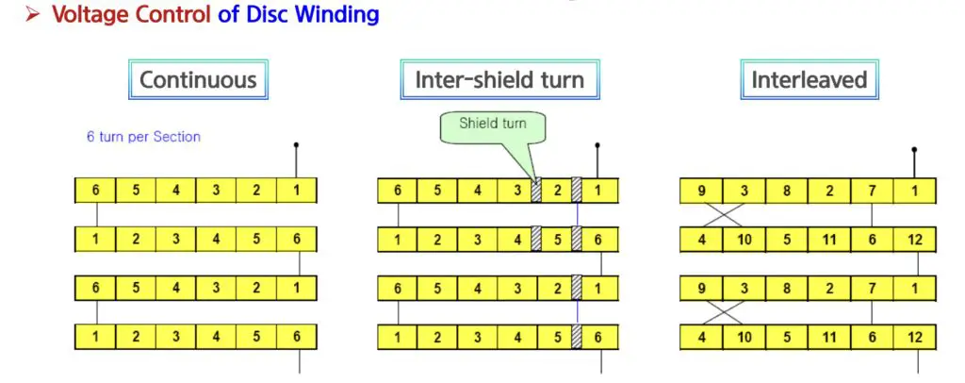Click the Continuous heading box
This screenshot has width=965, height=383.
coord(198,79)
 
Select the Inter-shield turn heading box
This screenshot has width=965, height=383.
coord(499,79)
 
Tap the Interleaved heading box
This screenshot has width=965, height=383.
coord(810,79)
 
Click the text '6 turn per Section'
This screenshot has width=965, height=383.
coord(143,137)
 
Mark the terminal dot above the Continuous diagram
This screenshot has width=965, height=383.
coord(296,145)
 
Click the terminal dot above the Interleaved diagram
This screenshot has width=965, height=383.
coord(914,149)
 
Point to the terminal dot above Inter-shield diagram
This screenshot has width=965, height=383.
coord(597,145)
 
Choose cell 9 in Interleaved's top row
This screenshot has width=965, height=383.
coord(701,191)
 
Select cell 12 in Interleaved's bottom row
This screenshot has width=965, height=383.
coord(914,338)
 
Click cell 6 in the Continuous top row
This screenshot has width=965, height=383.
coord(95,191)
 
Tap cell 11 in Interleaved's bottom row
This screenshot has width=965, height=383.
coord(829,338)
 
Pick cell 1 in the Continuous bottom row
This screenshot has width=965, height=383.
coord(95,337)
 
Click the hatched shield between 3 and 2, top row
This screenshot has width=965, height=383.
coord(536,191)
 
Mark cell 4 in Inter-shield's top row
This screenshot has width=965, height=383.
coord(477,191)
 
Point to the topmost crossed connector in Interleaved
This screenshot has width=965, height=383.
coord(723,215)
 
